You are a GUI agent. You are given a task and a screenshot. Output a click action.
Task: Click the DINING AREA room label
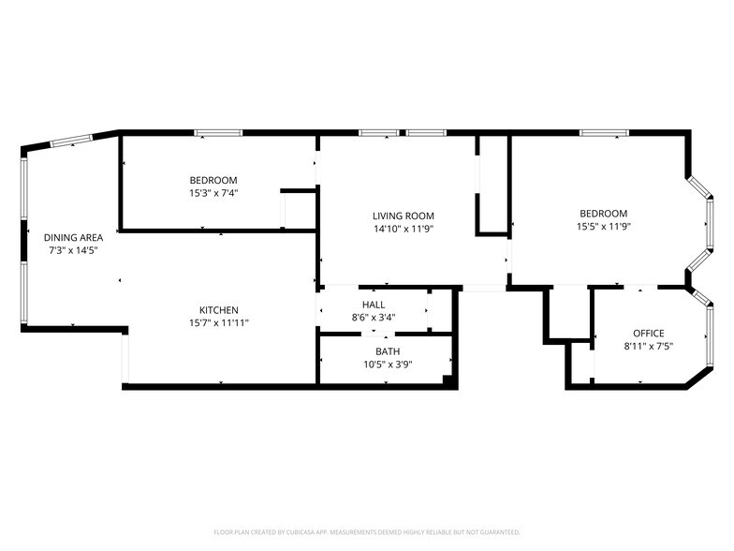[x=74, y=238]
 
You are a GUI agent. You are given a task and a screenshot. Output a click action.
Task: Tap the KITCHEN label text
[x=218, y=310]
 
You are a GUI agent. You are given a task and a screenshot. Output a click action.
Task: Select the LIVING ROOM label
[x=403, y=216]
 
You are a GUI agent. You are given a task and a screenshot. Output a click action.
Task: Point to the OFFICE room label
[x=648, y=334]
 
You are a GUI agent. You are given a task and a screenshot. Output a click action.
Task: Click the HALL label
[x=373, y=305]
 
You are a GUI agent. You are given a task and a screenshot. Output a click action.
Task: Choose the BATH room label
[x=374, y=351]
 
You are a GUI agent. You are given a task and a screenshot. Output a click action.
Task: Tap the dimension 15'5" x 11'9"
[x=602, y=226]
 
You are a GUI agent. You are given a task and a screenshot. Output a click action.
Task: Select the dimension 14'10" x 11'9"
[x=403, y=228]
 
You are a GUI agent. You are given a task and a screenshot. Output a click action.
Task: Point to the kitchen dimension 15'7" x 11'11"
[x=218, y=322]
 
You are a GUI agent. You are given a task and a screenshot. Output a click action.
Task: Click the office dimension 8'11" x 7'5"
[x=648, y=346]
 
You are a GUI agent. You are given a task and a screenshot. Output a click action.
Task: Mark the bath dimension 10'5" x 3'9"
[x=374, y=364]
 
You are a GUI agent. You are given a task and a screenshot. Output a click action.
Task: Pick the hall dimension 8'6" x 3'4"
[x=373, y=317]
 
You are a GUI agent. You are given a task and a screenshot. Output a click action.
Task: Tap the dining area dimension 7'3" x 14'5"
[x=74, y=250]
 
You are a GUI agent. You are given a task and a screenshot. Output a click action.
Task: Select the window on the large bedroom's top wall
[x=602, y=133]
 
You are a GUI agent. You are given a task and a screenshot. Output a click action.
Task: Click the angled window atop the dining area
[x=70, y=141]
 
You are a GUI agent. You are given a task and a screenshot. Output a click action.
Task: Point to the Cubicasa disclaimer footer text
[x=366, y=531]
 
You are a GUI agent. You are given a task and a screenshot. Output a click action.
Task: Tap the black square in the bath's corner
[x=448, y=380]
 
